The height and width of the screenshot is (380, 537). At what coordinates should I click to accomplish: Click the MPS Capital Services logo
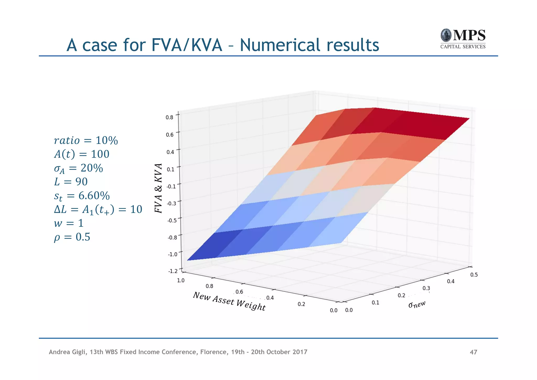[x=463, y=39]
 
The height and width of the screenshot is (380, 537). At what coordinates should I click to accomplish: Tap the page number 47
[x=473, y=352]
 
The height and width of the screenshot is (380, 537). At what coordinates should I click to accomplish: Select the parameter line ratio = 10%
[x=86, y=140]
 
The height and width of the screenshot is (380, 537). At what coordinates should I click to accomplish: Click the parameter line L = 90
[x=71, y=182]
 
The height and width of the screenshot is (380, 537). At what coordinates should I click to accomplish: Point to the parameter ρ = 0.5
[x=72, y=237]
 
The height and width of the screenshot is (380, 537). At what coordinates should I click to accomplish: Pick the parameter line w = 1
[x=69, y=223]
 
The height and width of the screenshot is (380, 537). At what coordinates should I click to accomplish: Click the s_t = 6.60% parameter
[x=82, y=196]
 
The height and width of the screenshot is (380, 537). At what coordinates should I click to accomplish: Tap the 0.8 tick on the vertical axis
[x=170, y=117]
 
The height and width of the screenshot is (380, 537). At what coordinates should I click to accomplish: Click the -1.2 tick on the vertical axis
[x=173, y=271]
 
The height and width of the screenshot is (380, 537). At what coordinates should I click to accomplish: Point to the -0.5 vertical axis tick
[x=172, y=220]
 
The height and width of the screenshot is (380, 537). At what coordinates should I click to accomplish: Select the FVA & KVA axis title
[x=158, y=188]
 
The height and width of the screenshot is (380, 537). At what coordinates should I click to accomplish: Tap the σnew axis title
[x=417, y=304]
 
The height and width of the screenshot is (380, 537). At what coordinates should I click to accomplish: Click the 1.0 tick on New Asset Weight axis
[x=181, y=280]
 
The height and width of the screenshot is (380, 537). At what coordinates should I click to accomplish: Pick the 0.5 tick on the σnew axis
[x=474, y=275]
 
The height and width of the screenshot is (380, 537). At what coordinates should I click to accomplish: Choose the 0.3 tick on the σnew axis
[x=426, y=288]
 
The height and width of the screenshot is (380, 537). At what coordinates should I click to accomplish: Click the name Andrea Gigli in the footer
[x=67, y=352]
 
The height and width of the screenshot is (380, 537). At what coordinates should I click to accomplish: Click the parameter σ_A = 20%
[x=78, y=168]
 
